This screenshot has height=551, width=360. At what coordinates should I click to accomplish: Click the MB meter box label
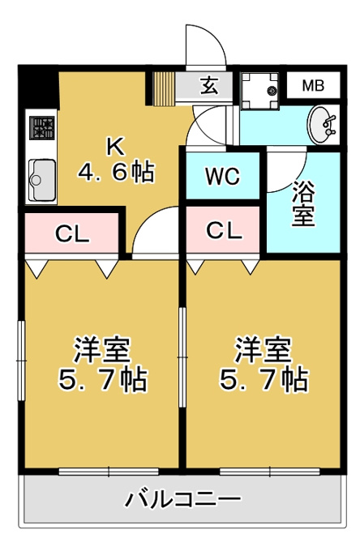313,85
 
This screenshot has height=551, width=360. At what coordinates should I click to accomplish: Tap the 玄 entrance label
209,85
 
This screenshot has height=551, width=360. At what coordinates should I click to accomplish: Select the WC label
223,176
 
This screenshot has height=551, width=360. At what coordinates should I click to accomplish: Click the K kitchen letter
116,147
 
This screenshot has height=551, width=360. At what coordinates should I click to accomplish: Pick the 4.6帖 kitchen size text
116,172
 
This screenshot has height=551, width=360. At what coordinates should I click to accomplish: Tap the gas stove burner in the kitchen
42,127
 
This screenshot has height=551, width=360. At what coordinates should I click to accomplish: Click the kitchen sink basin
42,180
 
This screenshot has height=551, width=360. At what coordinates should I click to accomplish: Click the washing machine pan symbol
259,91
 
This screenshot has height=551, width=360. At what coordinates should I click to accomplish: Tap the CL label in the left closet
72,233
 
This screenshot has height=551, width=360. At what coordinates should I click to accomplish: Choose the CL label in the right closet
224,231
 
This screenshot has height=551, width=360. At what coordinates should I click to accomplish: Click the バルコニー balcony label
183,499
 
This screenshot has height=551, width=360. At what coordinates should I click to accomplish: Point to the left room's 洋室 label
102,350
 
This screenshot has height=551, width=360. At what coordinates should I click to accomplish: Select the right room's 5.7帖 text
264,379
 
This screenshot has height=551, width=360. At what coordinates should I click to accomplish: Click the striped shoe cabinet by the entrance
164,89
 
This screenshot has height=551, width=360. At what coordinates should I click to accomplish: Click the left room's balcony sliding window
109,472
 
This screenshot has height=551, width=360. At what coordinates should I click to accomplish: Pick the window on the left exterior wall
21,361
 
